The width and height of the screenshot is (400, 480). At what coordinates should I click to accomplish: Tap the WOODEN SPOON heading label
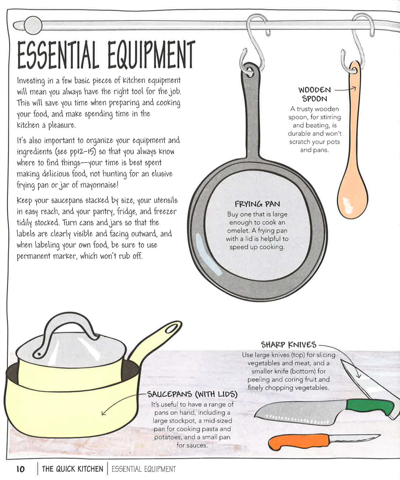[x=314, y=94]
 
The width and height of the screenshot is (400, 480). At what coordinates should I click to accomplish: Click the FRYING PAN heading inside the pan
[x=257, y=204]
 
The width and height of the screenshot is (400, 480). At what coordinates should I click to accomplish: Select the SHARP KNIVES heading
[x=288, y=345]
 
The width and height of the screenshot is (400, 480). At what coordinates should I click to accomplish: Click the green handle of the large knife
[x=369, y=407]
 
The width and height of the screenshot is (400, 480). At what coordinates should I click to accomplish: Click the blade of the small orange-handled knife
[x=354, y=438]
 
